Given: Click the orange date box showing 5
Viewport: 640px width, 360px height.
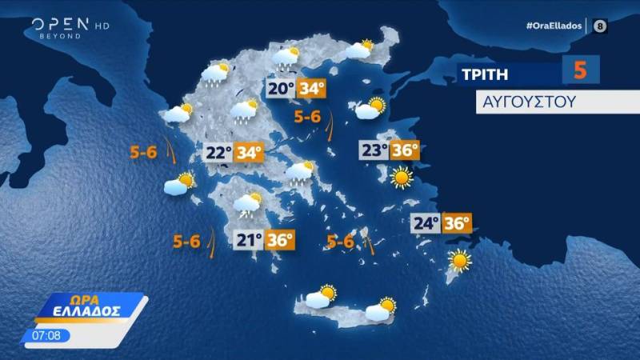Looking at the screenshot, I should [x=580, y=70].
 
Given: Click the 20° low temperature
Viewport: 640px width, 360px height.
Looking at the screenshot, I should [x=280, y=89].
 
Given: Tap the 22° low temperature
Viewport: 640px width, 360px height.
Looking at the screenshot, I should [x=218, y=152].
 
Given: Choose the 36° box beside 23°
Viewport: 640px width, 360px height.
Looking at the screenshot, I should [x=406, y=150].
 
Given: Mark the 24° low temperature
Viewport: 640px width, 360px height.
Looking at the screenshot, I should [x=426, y=223].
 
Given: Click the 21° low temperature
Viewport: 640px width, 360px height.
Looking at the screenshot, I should [x=249, y=239].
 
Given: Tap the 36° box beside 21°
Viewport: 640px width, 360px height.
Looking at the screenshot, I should [x=280, y=239].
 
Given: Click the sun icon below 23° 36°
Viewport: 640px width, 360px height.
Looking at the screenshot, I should [x=401, y=176].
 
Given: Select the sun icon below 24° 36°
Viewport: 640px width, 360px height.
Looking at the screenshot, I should [x=460, y=261].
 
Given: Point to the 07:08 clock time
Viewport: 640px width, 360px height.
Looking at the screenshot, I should [x=46, y=334].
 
